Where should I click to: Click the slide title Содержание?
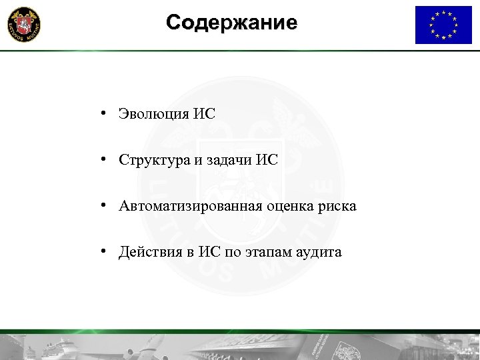pos(232,23)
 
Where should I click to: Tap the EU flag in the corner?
pos(443,25)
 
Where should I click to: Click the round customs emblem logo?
pos(23,25)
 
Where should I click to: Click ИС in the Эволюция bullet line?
pos(205,113)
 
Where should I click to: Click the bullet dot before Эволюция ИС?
pos(105,113)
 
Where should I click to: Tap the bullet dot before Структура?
pos(105,160)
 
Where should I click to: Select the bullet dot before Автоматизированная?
pos(105,207)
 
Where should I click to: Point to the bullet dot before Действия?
pos(105,253)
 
